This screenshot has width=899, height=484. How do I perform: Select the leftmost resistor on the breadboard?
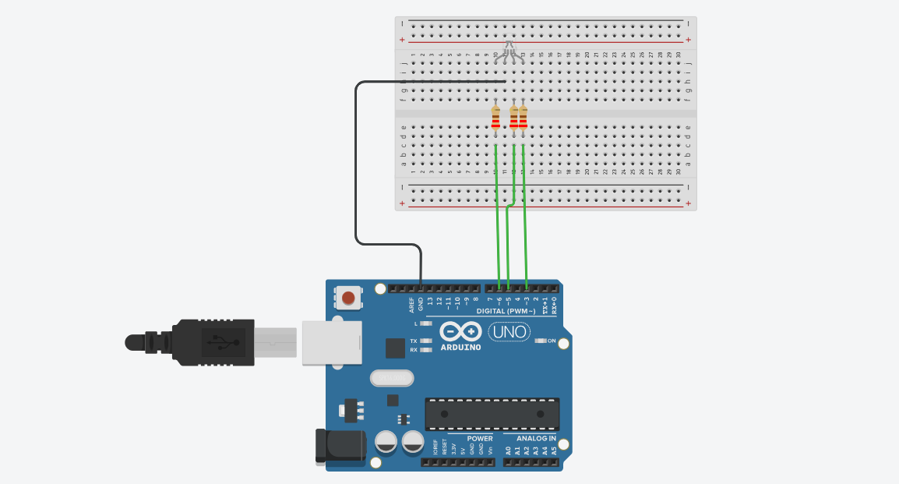(496, 119)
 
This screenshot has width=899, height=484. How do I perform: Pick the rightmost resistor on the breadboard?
(523, 118)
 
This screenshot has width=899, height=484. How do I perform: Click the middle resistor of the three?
(513, 118)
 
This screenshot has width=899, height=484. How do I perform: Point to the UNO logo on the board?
(509, 332)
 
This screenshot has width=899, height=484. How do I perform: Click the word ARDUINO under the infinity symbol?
(460, 347)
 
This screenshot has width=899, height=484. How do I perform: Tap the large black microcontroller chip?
(492, 413)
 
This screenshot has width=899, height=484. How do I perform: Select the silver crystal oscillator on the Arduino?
(391, 378)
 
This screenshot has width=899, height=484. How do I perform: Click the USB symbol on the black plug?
(219, 341)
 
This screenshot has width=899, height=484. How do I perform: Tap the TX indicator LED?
(425, 341)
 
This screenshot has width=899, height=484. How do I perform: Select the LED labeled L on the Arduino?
(425, 323)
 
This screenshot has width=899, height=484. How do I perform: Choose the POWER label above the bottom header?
(480, 438)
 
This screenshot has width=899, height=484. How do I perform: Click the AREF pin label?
(411, 303)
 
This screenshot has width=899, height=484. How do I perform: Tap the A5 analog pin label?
(554, 450)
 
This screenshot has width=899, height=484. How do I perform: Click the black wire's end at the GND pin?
(421, 288)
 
